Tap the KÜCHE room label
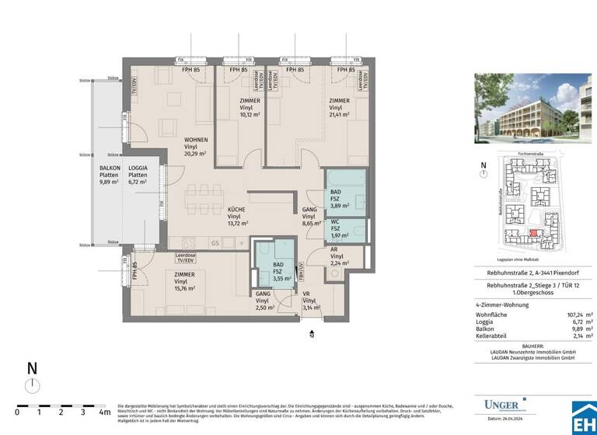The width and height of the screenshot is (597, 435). coord(236,210)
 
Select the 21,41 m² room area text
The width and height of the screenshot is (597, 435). coord(339,114)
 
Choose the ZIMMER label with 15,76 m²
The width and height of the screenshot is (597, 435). coord(184,281)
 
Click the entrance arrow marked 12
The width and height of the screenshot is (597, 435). coord(312,332)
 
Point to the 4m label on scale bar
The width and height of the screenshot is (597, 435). coord(104,411)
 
